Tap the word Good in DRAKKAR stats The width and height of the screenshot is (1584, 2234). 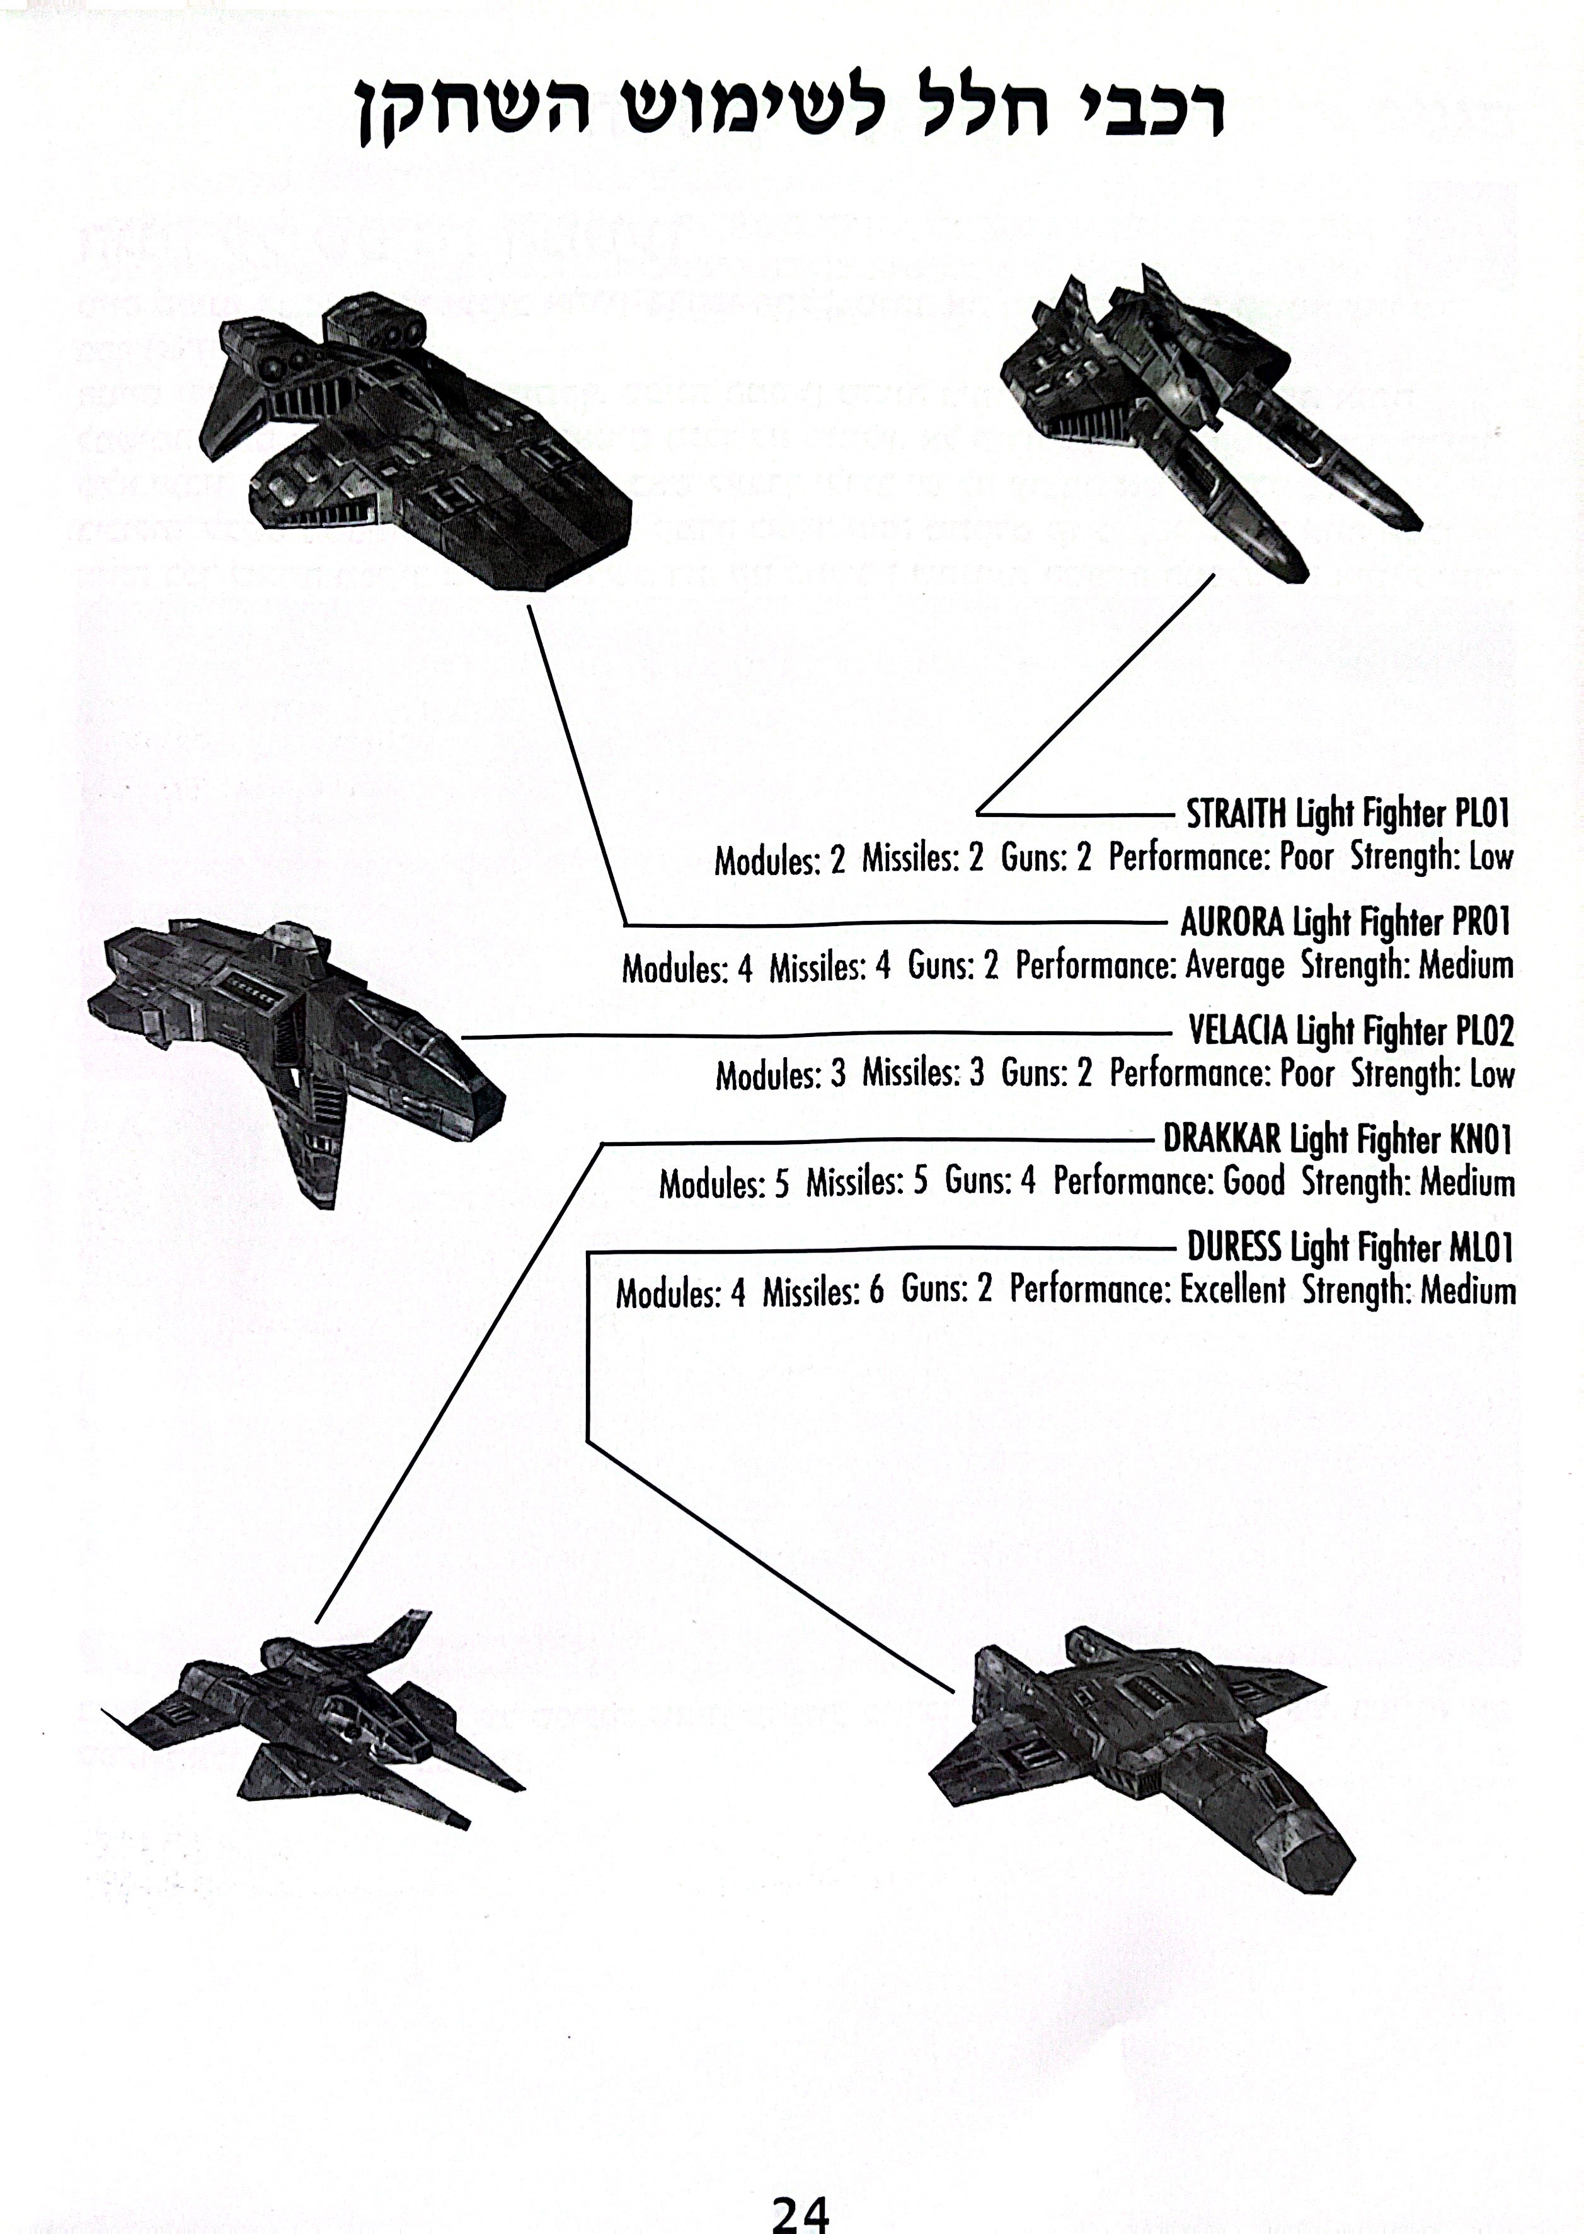click(1253, 1183)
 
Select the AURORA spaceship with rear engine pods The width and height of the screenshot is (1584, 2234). click(410, 429)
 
